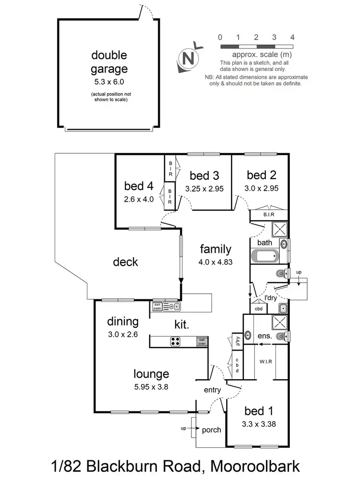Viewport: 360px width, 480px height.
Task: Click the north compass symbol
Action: click(189, 58)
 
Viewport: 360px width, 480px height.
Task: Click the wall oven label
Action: click(203, 342)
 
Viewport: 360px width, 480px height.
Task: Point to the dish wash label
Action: click(157, 306)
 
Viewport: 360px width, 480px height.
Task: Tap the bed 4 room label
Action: click(139, 186)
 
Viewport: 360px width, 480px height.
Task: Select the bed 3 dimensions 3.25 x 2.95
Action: click(204, 189)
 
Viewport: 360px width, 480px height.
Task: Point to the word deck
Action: click(125, 262)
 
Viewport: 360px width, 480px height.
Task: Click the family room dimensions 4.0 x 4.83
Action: click(216, 262)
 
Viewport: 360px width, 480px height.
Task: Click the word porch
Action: click(211, 430)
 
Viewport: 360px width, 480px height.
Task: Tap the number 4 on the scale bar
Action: click(292, 37)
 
